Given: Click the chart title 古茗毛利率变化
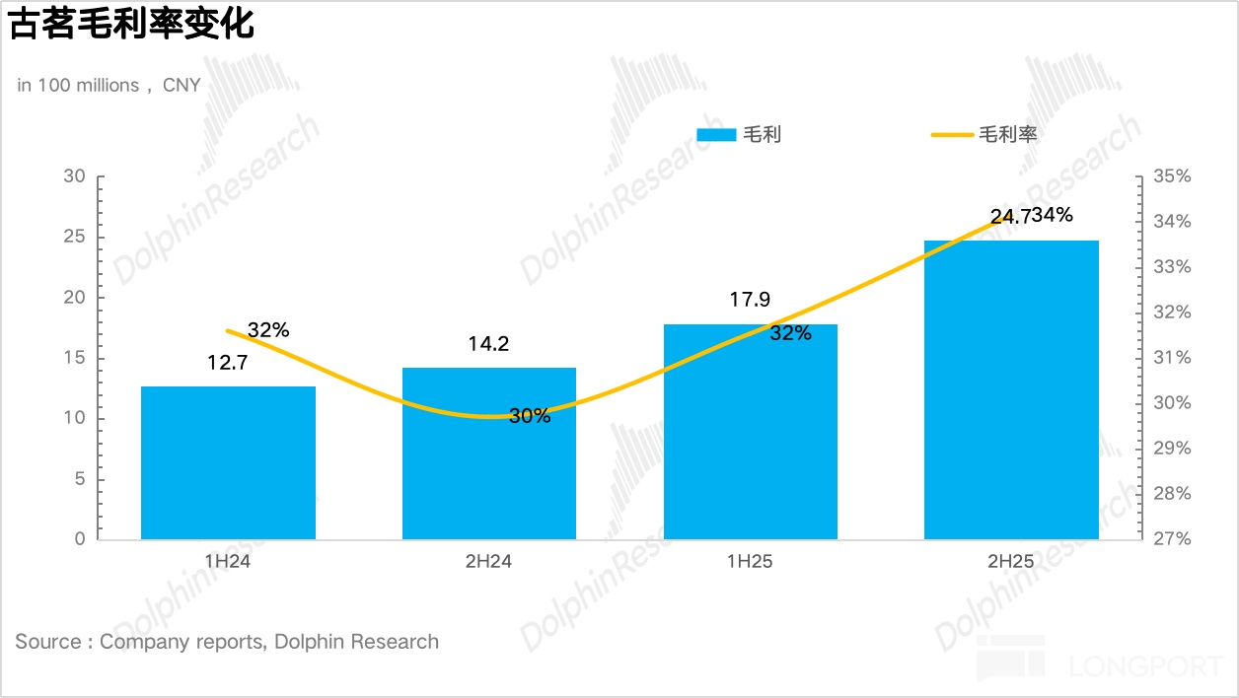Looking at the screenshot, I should (x=132, y=26).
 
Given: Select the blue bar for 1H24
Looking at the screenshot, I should (x=228, y=462).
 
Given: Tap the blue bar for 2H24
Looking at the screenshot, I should (x=489, y=454).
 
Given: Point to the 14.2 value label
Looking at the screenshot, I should (x=489, y=344).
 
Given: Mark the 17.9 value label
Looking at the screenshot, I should (x=750, y=300).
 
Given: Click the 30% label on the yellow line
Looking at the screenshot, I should (x=530, y=416).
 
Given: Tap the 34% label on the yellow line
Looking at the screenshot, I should (x=1053, y=215).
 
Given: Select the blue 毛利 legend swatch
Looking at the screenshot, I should (x=716, y=135).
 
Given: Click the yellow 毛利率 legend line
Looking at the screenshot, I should (x=952, y=135).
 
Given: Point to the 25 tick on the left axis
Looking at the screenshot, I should (x=75, y=238).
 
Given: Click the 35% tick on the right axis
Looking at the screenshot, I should (x=1171, y=176).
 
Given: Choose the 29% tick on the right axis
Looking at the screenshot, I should (x=1171, y=449).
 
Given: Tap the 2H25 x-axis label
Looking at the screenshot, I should (x=1011, y=562).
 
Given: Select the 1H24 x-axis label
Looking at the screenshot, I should (x=228, y=562).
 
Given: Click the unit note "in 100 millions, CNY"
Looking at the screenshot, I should (x=109, y=86).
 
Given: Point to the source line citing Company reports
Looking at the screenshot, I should (x=227, y=642).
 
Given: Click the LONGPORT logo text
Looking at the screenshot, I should (x=1146, y=666).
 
